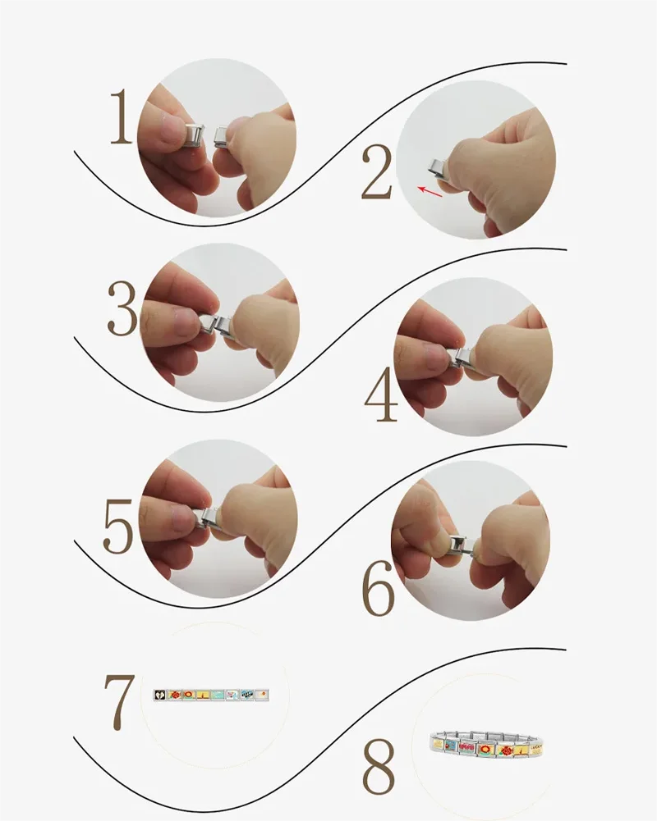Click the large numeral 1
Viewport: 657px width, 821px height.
click(122, 116)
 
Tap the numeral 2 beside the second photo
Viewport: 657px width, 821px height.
click(376, 172)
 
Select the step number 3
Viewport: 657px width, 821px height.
click(122, 309)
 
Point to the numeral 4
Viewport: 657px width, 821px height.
click(381, 395)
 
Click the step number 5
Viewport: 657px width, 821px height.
click(118, 527)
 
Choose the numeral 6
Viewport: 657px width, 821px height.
click(378, 588)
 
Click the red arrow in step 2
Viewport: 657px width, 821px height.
click(430, 192)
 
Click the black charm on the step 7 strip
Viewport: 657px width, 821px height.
click(159, 695)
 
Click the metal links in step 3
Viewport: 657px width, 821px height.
click(215, 324)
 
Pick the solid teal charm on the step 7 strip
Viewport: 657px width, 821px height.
click(218, 695)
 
